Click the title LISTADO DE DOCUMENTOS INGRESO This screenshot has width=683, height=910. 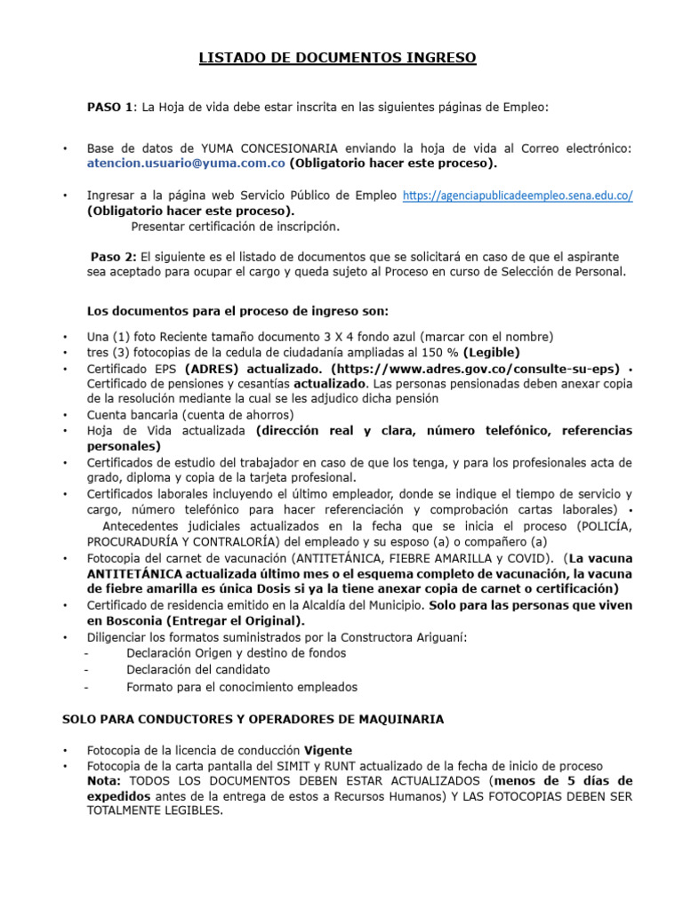coord(336,59)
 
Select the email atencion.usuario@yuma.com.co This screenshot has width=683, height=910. coord(185,164)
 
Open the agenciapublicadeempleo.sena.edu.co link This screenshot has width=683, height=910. coord(518,196)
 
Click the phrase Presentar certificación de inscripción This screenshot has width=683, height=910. coord(235,226)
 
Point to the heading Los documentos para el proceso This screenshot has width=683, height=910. coord(237,311)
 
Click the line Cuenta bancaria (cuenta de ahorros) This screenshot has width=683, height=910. coord(189,415)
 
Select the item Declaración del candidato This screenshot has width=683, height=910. coord(197,669)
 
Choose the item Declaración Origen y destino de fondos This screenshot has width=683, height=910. coord(236,653)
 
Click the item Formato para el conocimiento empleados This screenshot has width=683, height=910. coord(241,687)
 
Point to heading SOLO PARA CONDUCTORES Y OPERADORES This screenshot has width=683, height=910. coord(252,718)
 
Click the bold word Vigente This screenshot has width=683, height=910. coord(328,749)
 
